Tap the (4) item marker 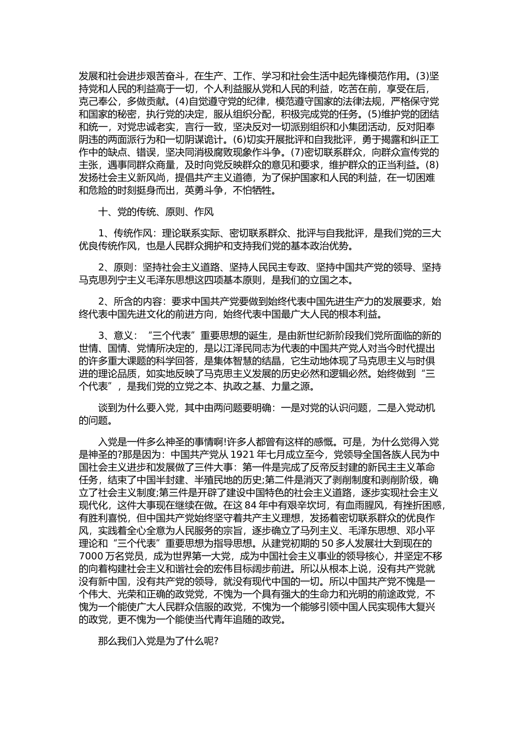point(182,101)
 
